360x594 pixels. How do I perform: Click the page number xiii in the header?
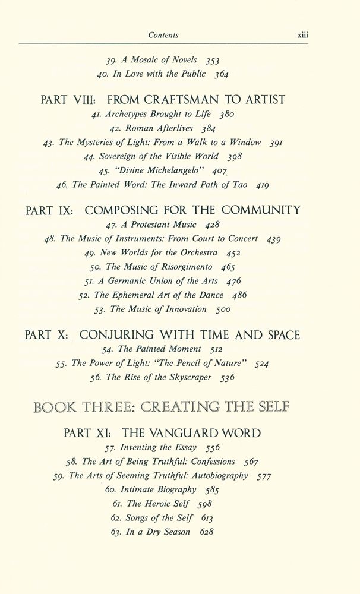pos(305,36)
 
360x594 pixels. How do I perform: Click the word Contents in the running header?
pos(163,36)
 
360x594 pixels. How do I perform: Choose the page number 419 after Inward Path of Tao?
pos(261,185)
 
